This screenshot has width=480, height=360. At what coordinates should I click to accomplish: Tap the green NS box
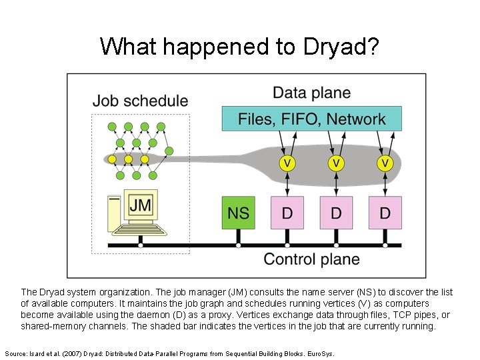[x=238, y=213]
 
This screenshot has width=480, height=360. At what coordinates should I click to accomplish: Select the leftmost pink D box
[x=287, y=213]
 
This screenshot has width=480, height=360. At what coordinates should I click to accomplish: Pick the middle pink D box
[x=336, y=213]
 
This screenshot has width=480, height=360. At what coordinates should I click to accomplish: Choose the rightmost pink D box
[x=385, y=213]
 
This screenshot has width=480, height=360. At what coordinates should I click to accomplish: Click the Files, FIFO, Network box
[x=311, y=119]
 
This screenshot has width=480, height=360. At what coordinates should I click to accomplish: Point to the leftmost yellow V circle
[x=287, y=163]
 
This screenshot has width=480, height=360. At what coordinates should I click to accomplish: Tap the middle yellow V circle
[x=336, y=163]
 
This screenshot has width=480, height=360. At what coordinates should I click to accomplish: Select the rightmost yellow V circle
[x=385, y=163]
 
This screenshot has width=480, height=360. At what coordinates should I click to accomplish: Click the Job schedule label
[x=140, y=101]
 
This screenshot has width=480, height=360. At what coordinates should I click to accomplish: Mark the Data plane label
[x=311, y=93]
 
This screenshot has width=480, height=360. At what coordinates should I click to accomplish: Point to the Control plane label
[x=311, y=259]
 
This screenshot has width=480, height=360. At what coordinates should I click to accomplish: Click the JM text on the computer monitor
[x=140, y=205]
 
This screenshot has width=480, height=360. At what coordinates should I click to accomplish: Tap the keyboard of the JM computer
[x=139, y=229]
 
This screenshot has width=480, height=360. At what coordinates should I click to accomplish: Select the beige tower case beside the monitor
[x=115, y=213]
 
